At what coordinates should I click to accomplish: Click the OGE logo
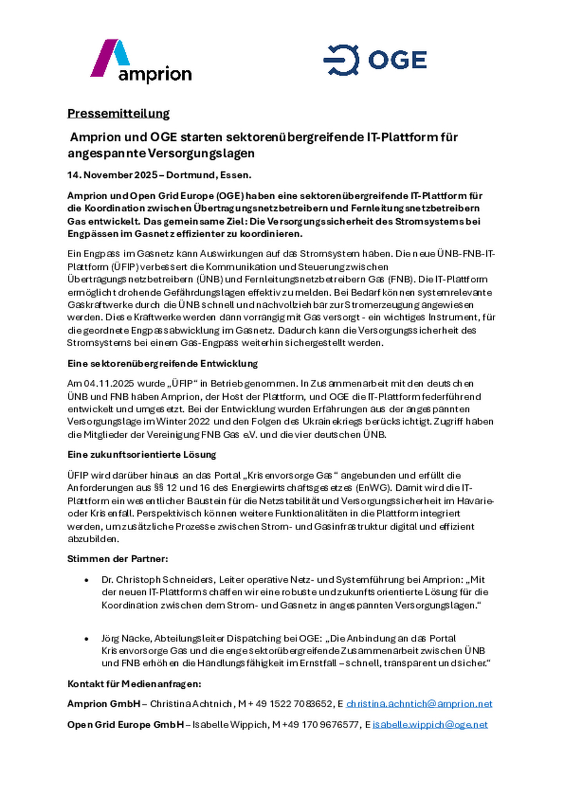tap(375, 60)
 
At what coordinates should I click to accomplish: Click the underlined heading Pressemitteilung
tap(118, 113)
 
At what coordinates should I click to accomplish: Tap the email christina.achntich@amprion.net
tap(419, 704)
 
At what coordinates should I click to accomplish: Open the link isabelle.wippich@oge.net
tap(430, 725)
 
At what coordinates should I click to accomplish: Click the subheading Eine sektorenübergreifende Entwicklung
tap(163, 363)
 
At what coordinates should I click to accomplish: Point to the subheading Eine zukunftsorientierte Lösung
tap(142, 455)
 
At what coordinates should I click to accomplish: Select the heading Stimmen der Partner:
tap(117, 559)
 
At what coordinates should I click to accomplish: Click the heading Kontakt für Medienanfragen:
tap(134, 684)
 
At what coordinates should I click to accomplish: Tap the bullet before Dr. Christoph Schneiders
tap(86, 580)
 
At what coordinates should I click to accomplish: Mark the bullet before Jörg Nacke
tap(86, 639)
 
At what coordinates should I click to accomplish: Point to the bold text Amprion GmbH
tap(104, 704)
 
